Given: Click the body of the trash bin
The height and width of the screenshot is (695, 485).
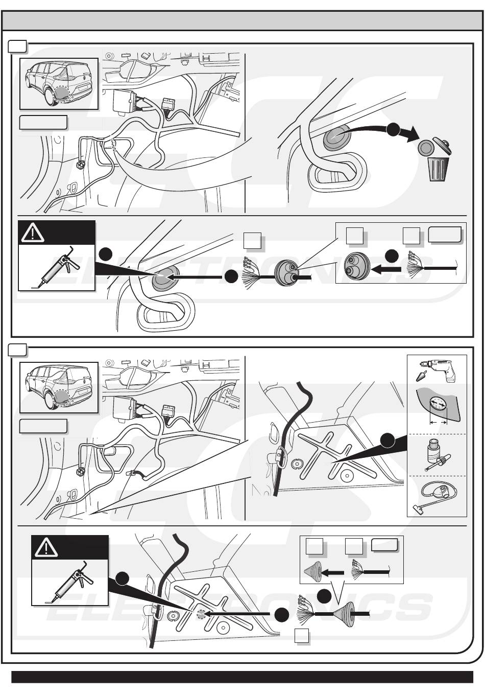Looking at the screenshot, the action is [438, 169].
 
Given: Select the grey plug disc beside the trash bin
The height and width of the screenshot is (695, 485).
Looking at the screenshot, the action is [425, 147].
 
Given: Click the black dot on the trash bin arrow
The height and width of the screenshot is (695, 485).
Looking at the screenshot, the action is [393, 130].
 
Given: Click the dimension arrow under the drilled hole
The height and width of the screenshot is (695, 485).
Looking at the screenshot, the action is [438, 423].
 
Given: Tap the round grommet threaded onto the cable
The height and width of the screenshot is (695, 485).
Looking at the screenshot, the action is [287, 273].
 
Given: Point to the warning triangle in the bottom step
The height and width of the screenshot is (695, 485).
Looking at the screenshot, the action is [46, 548].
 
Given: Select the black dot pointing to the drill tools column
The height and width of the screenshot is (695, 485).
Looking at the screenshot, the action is [387, 440].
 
